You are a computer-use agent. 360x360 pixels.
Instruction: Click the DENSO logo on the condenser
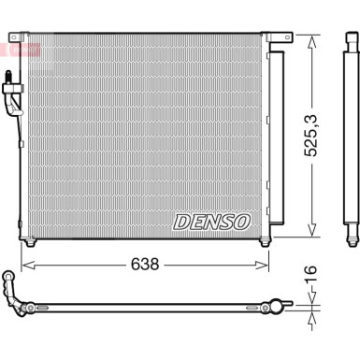(x=211, y=222)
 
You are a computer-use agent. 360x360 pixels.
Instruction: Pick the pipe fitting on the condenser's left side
(x=11, y=94)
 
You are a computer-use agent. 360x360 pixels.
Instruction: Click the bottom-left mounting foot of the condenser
(x=33, y=245)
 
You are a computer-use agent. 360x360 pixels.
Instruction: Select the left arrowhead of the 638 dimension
(x=25, y=266)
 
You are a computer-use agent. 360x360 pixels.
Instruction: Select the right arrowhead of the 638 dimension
(x=267, y=266)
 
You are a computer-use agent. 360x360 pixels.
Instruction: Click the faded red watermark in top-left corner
(x=21, y=47)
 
